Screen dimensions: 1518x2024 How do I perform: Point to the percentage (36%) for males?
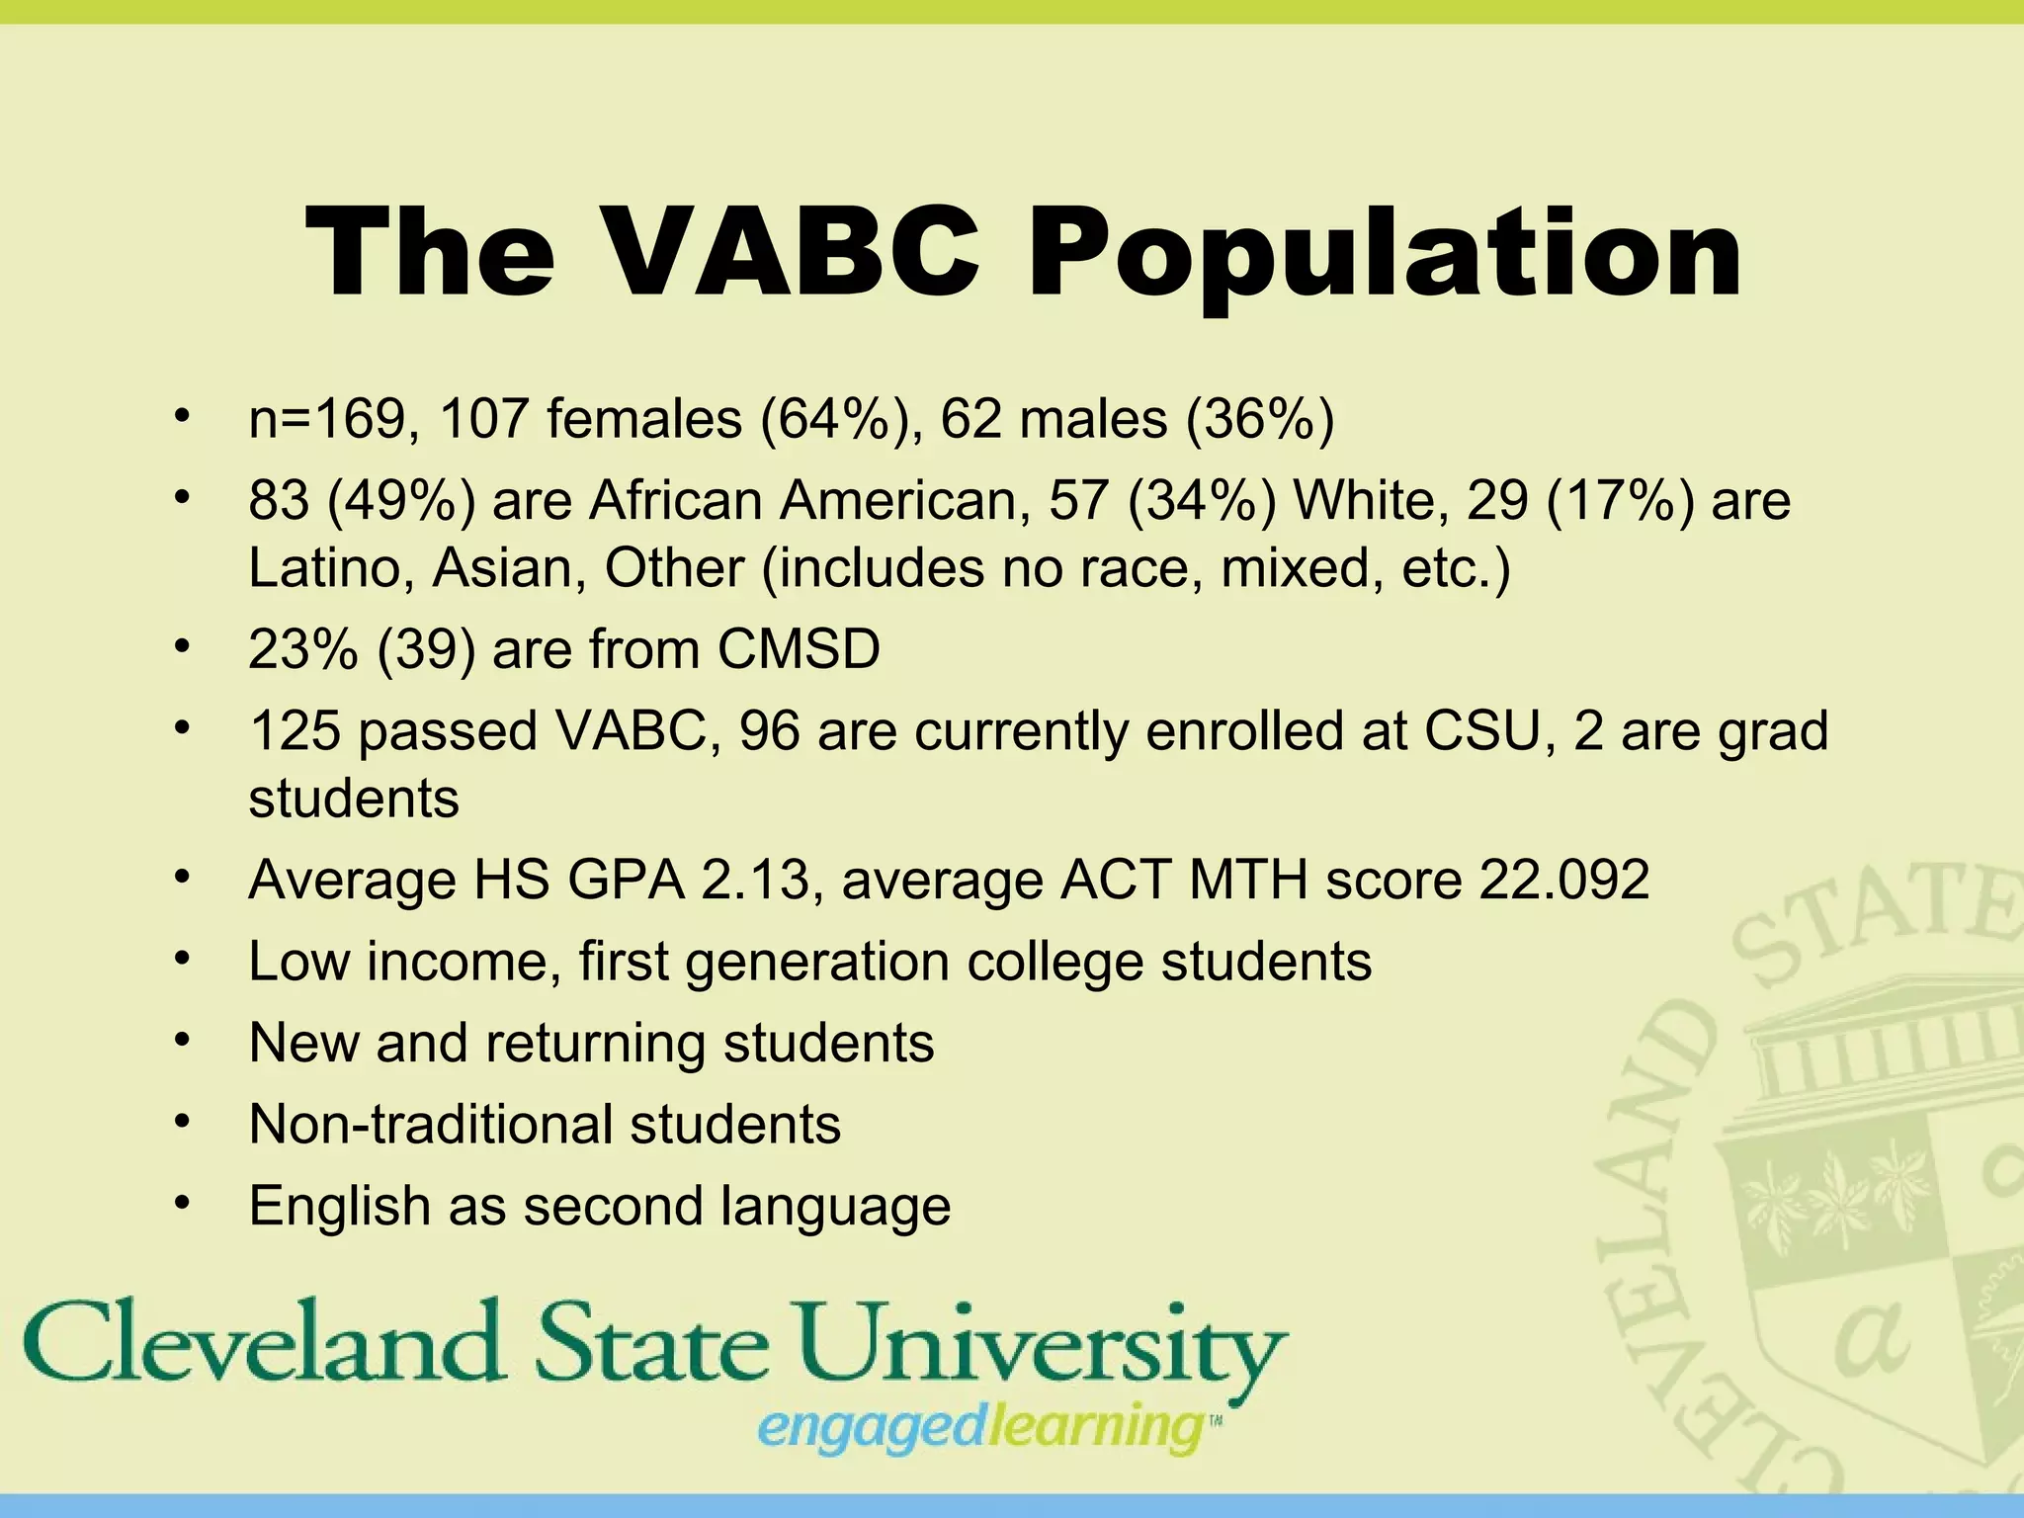(x=1259, y=418)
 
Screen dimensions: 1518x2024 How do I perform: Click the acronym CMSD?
(x=799, y=649)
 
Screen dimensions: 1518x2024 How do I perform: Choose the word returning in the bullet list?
(x=594, y=1044)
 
